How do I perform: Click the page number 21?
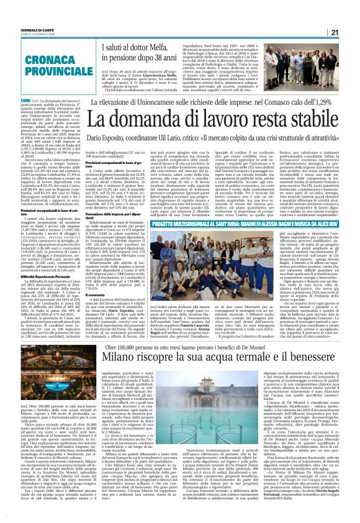(x=351, y=32)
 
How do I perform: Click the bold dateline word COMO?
(x=7, y=99)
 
